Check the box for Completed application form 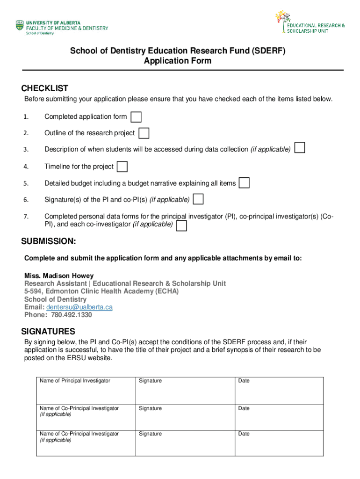coord(136,117)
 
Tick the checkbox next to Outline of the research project coord(144,133)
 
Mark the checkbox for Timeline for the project coord(122,167)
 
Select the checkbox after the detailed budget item coord(244,183)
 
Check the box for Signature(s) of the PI coord(198,199)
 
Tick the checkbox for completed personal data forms coord(181,226)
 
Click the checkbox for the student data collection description coord(300,148)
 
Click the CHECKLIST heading coord(45,88)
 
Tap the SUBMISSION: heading coord(49,241)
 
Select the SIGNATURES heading coord(48,332)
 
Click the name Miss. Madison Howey coord(59,276)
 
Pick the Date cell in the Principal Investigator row coord(279,391)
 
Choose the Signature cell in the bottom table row coord(185,443)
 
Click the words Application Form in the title coord(178,61)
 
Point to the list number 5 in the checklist coord(26,183)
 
